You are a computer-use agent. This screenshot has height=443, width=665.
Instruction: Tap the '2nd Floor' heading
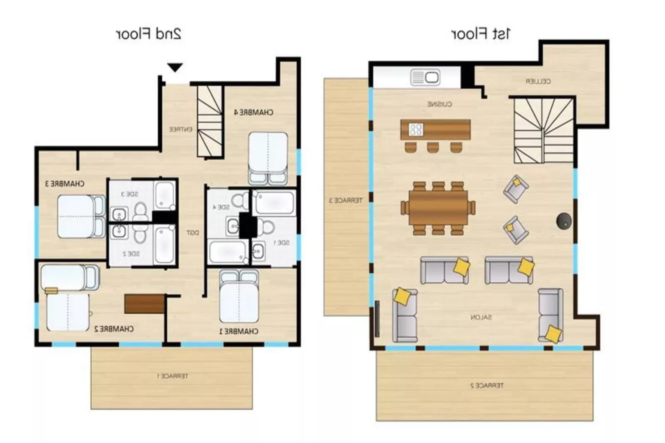148,34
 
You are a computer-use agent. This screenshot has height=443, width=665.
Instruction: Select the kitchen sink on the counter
425,77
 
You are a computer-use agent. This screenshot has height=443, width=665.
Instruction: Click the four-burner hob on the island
416,130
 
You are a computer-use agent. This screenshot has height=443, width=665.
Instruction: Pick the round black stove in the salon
564,221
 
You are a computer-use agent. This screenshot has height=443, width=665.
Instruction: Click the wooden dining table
438,208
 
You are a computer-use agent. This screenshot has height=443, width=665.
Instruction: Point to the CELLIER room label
538,82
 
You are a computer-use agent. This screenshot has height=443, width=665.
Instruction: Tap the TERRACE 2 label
487,385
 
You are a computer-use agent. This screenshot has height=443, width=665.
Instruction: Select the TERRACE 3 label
345,200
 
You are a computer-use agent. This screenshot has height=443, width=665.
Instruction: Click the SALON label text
481,318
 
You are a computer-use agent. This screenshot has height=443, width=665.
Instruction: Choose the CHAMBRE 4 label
253,112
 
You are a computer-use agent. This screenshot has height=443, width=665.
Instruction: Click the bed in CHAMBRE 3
81,217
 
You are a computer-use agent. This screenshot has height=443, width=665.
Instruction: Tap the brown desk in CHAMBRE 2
144,304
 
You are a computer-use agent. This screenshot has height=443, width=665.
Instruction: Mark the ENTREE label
181,130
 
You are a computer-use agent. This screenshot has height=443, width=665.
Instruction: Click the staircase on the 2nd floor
210,121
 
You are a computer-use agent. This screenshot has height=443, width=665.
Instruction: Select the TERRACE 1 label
172,376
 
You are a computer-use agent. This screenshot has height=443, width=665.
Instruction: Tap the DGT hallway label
193,233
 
